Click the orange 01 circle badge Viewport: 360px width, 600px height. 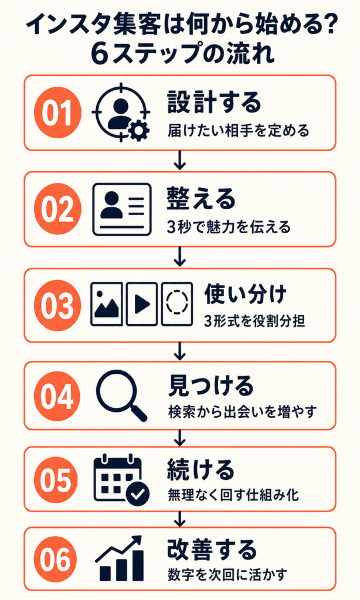(x=57, y=113)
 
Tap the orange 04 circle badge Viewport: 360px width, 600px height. (x=57, y=396)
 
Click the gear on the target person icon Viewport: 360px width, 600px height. (x=139, y=132)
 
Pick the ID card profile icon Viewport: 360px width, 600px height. (x=122, y=209)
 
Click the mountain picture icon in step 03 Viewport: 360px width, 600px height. (x=107, y=304)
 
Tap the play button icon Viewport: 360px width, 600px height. (x=142, y=304)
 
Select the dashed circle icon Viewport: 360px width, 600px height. (x=176, y=304)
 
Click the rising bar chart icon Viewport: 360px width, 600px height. (x=119, y=558)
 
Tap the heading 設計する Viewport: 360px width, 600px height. (x=214, y=102)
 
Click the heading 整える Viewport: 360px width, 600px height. (x=201, y=199)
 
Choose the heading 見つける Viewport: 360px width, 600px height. (x=210, y=386)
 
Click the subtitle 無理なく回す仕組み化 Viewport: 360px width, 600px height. (x=233, y=495)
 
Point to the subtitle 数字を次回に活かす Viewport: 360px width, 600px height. (x=227, y=574)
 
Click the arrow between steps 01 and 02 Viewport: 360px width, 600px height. (x=179, y=161)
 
